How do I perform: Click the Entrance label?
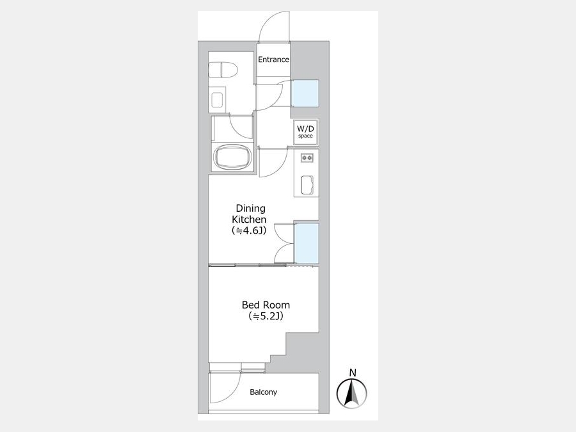click(x=273, y=60)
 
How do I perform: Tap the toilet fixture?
click(x=223, y=70)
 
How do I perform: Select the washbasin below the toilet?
click(x=217, y=100)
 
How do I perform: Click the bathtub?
click(x=233, y=157)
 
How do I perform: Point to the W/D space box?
click(x=306, y=132)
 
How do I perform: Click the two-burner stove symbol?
click(x=307, y=158)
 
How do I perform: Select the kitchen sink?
click(x=307, y=184)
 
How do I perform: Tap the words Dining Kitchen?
click(x=249, y=214)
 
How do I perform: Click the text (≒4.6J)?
click(x=249, y=230)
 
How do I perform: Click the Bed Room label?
click(x=266, y=305)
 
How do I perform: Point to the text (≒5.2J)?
click(x=266, y=316)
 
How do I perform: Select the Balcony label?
click(x=264, y=392)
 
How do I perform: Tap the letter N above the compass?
click(x=353, y=373)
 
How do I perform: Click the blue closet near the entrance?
click(x=305, y=93)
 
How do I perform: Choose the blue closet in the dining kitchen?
click(x=307, y=243)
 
